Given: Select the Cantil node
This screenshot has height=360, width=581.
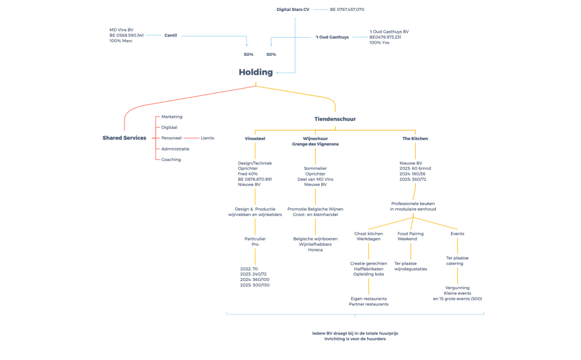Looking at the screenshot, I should (171, 36).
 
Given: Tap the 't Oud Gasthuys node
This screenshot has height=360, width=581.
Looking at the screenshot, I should (331, 38).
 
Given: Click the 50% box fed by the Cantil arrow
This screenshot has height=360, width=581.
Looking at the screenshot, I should (248, 55).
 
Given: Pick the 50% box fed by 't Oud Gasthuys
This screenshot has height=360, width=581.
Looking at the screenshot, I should (271, 55).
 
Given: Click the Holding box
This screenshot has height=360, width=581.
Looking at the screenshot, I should (255, 72).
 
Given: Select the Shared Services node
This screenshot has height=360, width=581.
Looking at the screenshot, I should (124, 138).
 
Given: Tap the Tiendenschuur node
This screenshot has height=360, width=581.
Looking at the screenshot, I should (335, 119).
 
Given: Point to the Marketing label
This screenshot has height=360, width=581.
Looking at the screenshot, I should (172, 117).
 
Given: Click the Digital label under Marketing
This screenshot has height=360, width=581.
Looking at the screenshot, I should (169, 127).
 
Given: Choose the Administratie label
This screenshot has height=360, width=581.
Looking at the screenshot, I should (175, 149).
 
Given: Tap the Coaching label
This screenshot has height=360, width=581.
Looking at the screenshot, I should (171, 160).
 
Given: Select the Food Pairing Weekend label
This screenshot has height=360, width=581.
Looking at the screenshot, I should (411, 236).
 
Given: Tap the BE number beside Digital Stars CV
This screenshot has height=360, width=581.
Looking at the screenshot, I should (347, 10).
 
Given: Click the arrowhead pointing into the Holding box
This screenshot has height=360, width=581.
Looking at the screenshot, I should (278, 73).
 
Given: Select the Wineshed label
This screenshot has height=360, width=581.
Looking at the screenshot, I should (255, 138).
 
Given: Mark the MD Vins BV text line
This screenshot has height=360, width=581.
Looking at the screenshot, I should (121, 29).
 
